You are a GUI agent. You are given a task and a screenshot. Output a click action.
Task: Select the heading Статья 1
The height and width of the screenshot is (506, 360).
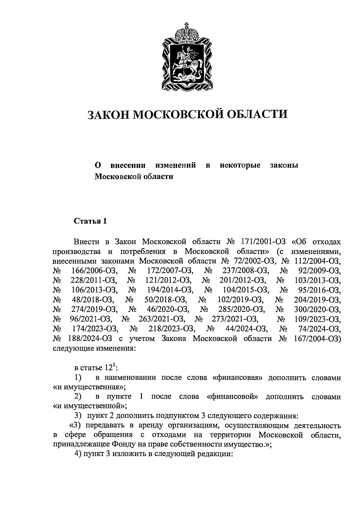pyautogui.click(x=90, y=221)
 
